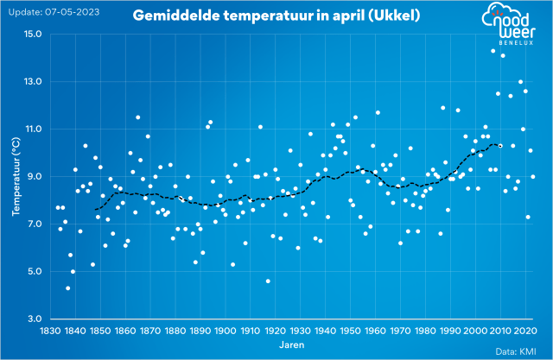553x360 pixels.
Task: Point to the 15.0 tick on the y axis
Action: pyautogui.click(x=33, y=34)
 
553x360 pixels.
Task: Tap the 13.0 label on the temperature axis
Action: pyautogui.click(x=33, y=81)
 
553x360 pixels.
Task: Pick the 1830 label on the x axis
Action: pyautogui.click(x=48, y=331)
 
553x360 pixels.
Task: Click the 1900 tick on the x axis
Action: pyautogui.click(x=226, y=331)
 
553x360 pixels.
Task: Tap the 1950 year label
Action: pyautogui.click(x=352, y=331)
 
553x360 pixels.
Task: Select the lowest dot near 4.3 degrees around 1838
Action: pyautogui.click(x=68, y=288)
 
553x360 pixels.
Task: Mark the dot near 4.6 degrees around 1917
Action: pyautogui.click(x=268, y=281)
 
